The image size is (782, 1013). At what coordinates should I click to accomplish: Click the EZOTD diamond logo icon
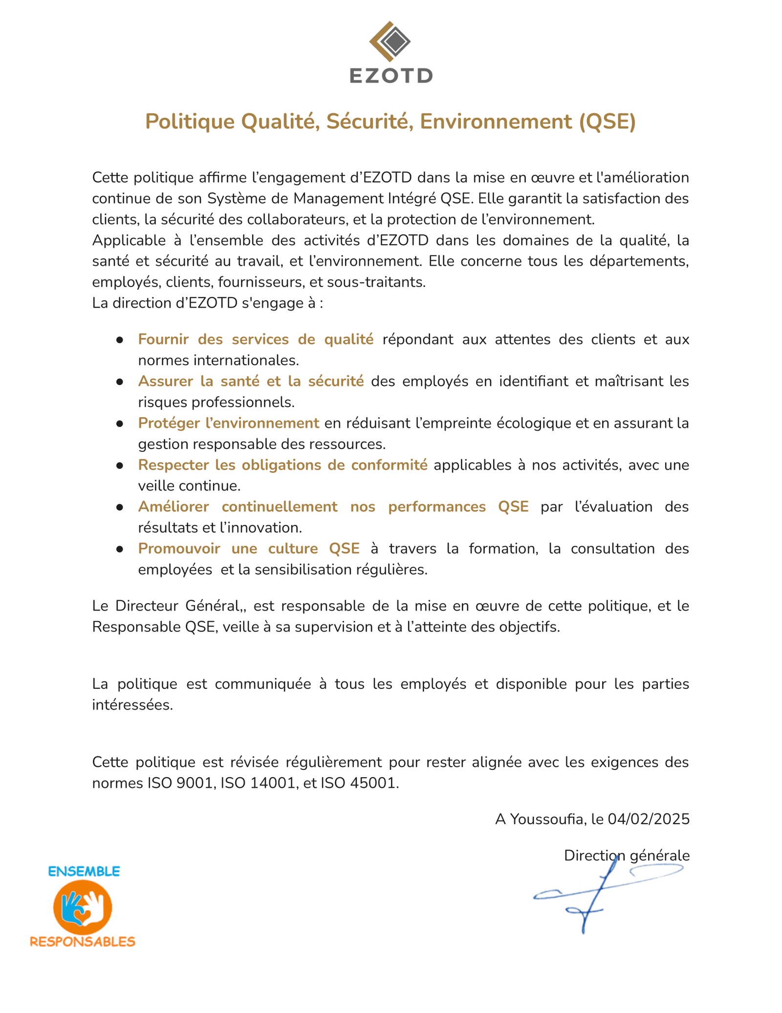click(x=390, y=43)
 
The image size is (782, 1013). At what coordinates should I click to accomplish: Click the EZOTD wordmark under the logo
click(x=391, y=76)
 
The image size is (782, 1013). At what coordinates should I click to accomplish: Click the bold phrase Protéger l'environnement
click(x=228, y=423)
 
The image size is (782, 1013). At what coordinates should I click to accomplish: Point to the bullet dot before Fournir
click(x=119, y=340)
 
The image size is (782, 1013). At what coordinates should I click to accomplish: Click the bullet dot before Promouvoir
click(x=119, y=549)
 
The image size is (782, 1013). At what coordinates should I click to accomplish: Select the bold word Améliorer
click(x=174, y=507)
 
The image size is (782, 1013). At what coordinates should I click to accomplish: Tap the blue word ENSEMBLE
click(x=84, y=871)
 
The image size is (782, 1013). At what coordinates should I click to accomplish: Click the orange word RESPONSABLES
click(x=83, y=942)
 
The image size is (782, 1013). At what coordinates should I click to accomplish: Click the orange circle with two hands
click(x=83, y=907)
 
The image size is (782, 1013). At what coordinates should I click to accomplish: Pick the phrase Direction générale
click(x=627, y=855)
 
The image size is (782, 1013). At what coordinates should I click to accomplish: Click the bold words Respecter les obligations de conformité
click(x=282, y=465)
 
